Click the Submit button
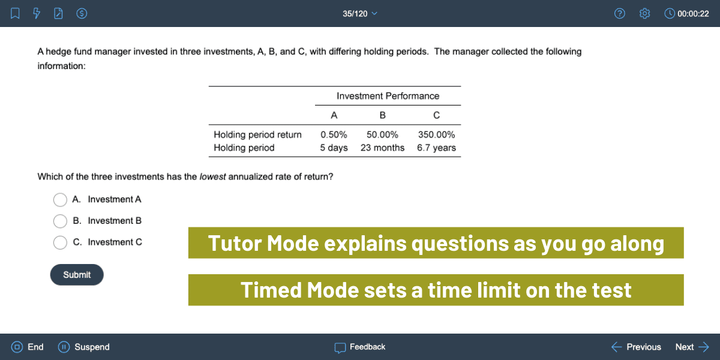(77, 275)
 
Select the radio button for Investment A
(60, 199)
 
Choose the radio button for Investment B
(60, 221)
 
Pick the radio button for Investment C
(60, 242)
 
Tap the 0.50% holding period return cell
(334, 134)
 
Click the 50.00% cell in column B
(382, 134)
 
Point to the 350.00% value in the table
(436, 134)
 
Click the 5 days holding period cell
(334, 148)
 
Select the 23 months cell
(382, 148)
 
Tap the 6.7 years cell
(436, 148)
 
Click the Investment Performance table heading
(388, 96)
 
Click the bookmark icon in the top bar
(16, 13)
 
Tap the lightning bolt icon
(37, 13)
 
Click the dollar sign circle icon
(83, 13)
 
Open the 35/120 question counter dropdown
(360, 13)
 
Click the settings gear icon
(645, 13)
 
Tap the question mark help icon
(620, 13)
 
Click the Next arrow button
(692, 347)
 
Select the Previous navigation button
(636, 347)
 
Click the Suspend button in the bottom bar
(84, 347)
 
